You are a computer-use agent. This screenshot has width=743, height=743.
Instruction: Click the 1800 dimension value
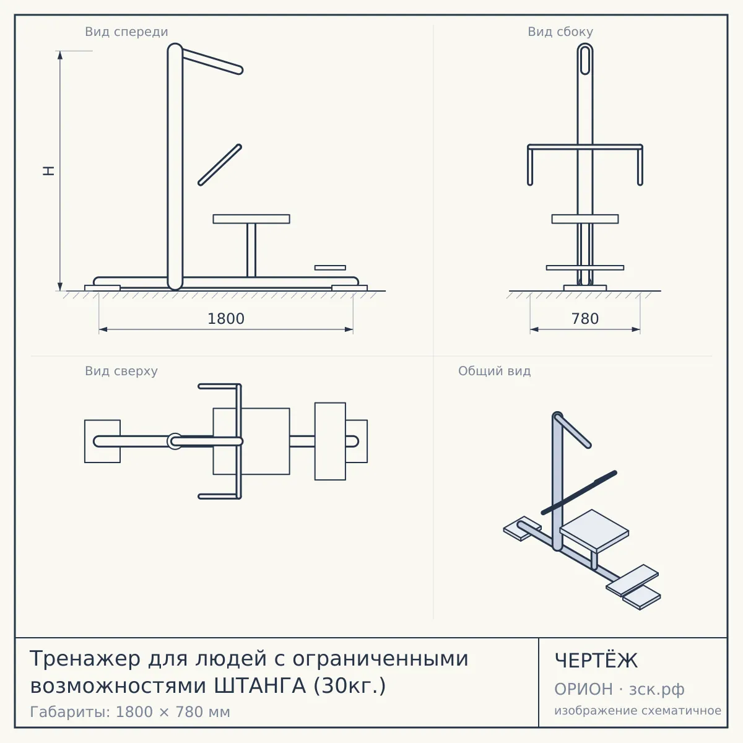point(226,319)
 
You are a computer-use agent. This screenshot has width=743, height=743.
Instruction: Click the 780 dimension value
point(585,319)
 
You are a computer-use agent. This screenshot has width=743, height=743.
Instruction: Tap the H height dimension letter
point(48,171)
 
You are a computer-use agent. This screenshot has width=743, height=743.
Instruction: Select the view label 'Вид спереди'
point(126,32)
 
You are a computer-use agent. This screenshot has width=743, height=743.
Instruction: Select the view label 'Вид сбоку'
point(560,32)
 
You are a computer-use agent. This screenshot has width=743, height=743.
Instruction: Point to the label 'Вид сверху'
point(121,371)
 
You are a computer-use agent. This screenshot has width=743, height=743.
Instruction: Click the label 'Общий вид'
point(494,371)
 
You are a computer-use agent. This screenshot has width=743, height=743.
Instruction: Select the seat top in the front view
point(251,219)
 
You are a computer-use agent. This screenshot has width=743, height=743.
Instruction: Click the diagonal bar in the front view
point(220,165)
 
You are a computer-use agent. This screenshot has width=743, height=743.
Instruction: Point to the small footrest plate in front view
point(330,267)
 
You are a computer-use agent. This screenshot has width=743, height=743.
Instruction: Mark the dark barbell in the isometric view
point(579,492)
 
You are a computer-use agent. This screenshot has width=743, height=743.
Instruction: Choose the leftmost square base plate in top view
point(103,441)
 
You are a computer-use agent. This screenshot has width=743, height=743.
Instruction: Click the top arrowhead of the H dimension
point(60,54)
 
